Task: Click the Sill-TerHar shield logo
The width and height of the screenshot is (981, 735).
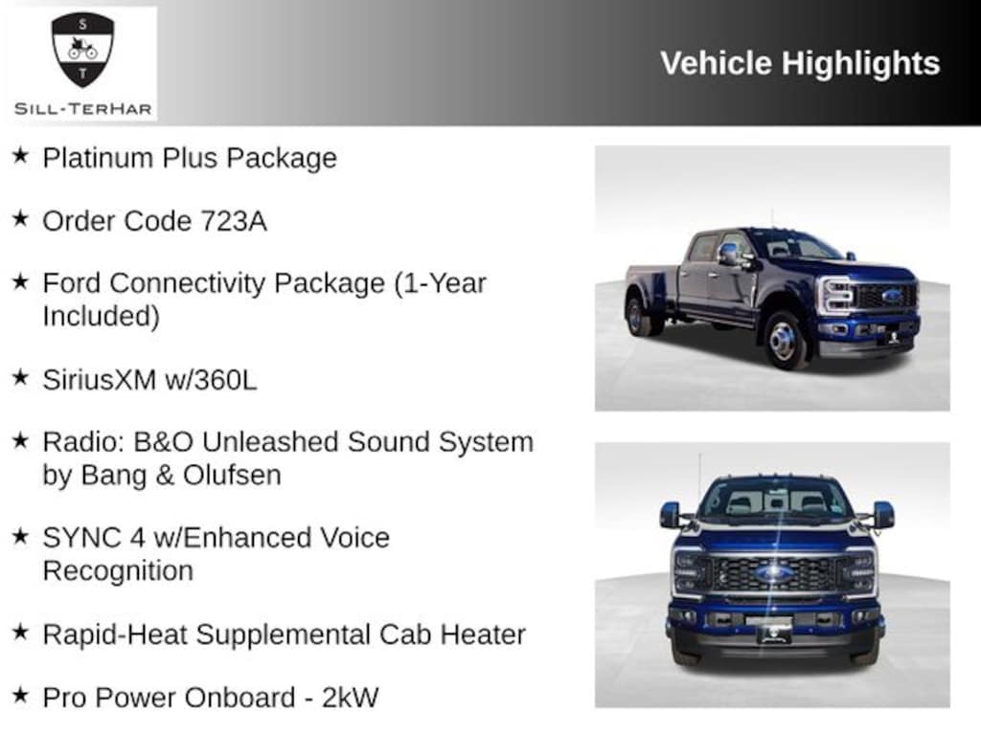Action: click(x=82, y=50)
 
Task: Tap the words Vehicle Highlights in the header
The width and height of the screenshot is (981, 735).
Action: click(x=800, y=63)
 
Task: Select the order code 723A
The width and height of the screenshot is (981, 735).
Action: click(x=234, y=221)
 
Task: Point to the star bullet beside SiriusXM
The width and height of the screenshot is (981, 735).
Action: click(x=20, y=377)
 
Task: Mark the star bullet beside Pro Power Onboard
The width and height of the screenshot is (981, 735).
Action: click(x=20, y=694)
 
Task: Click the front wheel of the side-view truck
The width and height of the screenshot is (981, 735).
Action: click(x=785, y=340)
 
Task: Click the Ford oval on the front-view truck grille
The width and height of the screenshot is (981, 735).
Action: click(x=774, y=573)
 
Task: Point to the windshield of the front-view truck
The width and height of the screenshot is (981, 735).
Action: click(x=774, y=500)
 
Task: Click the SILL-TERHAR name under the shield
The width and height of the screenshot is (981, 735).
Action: click(x=83, y=108)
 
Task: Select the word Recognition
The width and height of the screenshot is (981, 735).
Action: click(x=118, y=570)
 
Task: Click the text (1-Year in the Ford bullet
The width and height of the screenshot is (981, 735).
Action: click(x=441, y=284)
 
